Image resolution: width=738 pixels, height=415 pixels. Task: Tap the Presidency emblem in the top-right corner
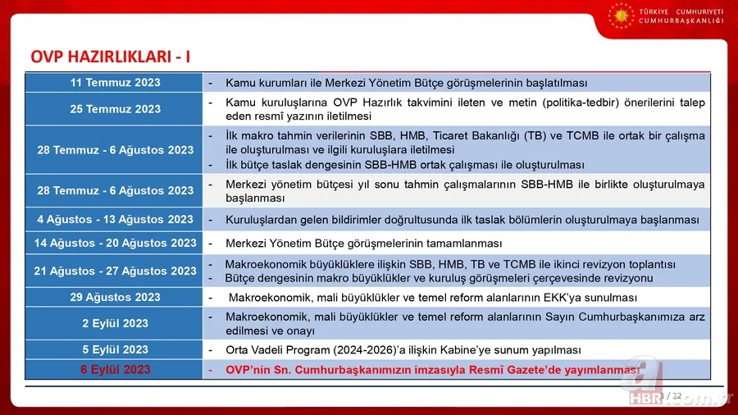point(620,16)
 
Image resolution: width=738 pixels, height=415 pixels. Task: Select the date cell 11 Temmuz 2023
point(115,83)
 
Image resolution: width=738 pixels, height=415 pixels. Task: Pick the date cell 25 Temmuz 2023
point(115,109)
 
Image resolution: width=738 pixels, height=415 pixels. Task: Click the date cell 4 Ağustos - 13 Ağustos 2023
point(115,220)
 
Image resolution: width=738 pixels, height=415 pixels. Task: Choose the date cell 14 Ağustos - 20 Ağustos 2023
point(115,243)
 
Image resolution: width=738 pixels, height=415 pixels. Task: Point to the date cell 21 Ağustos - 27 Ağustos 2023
point(115,271)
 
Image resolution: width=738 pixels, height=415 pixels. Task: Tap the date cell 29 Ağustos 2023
point(115,297)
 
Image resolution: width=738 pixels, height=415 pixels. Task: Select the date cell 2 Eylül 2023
point(115,323)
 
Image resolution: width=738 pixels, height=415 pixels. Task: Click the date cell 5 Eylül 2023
point(115,349)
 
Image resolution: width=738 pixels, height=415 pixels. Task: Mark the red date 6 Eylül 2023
point(115,370)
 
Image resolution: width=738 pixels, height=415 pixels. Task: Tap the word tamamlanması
point(465,244)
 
